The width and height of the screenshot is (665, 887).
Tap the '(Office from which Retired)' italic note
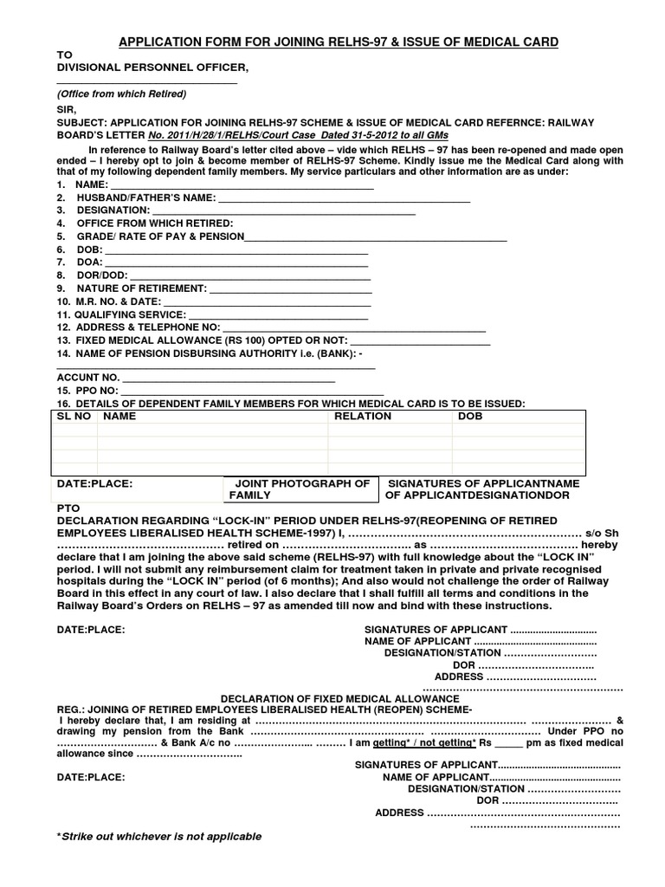pyautogui.click(x=122, y=94)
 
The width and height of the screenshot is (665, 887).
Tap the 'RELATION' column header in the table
pyautogui.click(x=363, y=417)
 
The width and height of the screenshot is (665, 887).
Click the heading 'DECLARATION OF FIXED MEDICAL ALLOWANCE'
pyautogui.click(x=339, y=698)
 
